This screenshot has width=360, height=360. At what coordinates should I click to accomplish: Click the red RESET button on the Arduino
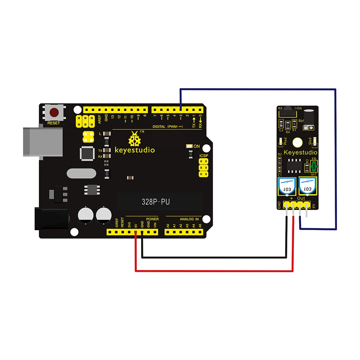pos(54,113)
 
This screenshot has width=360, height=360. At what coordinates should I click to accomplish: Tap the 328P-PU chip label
pos(156,202)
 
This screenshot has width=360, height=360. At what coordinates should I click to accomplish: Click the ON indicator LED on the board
pos(188,146)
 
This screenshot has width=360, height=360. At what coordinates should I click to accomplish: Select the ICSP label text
pos(204,156)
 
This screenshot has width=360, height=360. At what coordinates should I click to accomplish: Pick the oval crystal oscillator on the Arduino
pos(81,174)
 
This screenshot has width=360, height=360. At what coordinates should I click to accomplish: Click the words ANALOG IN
pos(189,219)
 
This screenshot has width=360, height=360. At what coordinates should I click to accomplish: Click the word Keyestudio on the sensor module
pos(301,152)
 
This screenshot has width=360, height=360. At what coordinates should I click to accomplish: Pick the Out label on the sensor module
pos(301,198)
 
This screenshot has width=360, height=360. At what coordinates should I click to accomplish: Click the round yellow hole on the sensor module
pos(297,143)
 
